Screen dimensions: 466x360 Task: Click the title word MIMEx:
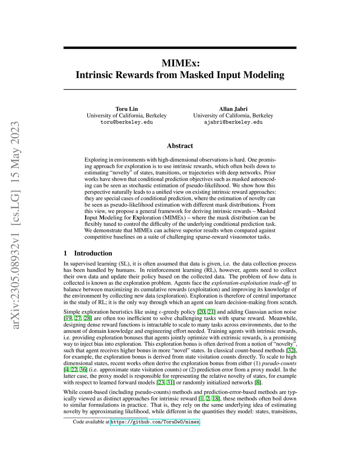[x=180, y=63]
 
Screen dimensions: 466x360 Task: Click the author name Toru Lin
[x=127, y=109]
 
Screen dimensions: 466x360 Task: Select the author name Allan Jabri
[x=233, y=109]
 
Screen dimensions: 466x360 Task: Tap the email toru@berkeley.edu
[x=127, y=122]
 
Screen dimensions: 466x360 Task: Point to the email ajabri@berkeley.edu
[x=233, y=122]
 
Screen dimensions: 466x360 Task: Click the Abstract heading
[x=180, y=146]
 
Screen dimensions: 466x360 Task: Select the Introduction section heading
[x=93, y=253]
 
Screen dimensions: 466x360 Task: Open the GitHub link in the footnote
[x=155, y=422]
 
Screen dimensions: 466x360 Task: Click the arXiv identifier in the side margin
[x=15, y=225]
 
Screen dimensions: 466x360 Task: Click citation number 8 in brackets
[x=258, y=383]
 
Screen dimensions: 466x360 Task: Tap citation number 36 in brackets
[x=83, y=370]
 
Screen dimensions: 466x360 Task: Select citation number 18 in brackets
[x=215, y=399]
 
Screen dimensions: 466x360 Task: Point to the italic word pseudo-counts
[x=279, y=363]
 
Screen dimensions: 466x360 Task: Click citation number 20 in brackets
[x=202, y=312]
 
